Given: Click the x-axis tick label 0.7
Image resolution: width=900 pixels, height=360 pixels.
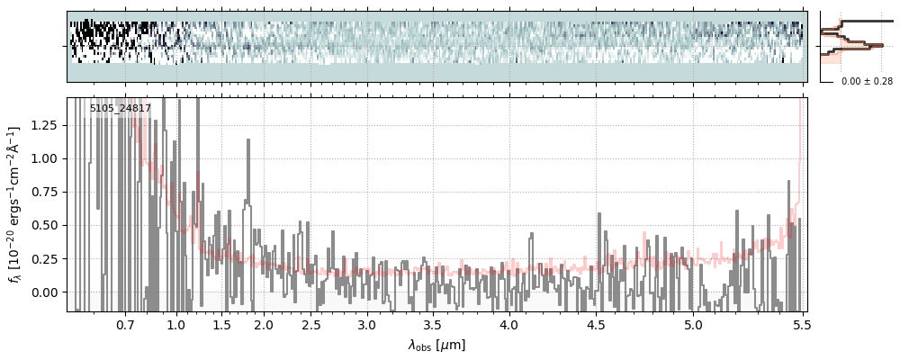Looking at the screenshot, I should click(125, 324).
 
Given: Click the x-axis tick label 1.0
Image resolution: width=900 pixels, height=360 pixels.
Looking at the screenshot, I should click(176, 324).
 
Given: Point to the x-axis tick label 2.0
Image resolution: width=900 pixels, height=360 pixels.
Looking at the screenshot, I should click(263, 324).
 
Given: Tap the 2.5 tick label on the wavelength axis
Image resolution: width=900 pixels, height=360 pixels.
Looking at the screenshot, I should click(311, 324).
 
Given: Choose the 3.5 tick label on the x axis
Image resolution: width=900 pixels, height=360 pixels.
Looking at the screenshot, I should click(434, 324).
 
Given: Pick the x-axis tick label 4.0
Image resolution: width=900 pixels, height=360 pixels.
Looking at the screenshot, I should click(509, 324).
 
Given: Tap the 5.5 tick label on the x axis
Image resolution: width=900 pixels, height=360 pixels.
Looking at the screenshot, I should click(797, 324).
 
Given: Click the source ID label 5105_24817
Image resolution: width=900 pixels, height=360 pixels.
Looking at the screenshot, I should click(121, 109).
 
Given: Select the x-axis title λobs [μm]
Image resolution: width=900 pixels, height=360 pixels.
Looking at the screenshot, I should click(436, 345).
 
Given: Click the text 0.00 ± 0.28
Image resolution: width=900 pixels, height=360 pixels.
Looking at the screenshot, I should click(867, 81).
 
